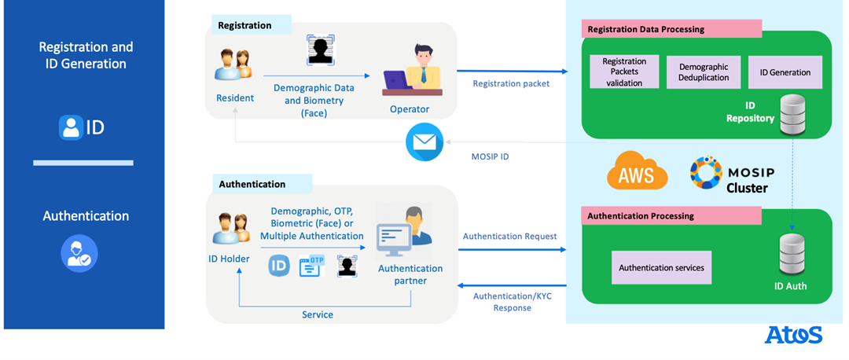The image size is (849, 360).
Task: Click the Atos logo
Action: click(793, 335)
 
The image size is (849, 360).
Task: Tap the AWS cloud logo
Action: click(637, 172)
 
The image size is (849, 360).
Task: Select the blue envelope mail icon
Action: click(424, 143)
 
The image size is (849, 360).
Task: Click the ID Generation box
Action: click(785, 72)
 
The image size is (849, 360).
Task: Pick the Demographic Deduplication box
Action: click(704, 72)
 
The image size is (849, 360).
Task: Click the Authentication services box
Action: click(661, 268)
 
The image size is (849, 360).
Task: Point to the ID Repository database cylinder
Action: click(792, 116)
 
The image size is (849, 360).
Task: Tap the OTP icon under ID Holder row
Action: click(311, 266)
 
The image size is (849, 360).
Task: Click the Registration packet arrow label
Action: click(510, 83)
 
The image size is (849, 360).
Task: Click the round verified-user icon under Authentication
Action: click(79, 253)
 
